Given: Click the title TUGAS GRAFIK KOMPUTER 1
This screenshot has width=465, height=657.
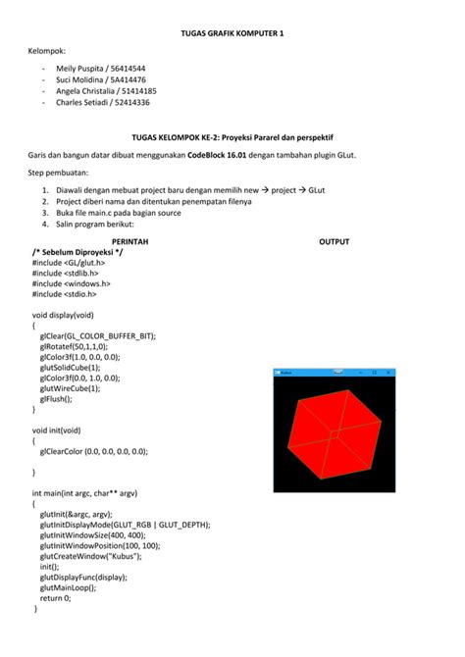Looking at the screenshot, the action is click(x=232, y=32).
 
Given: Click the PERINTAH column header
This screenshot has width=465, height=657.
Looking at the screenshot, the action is click(x=130, y=240).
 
